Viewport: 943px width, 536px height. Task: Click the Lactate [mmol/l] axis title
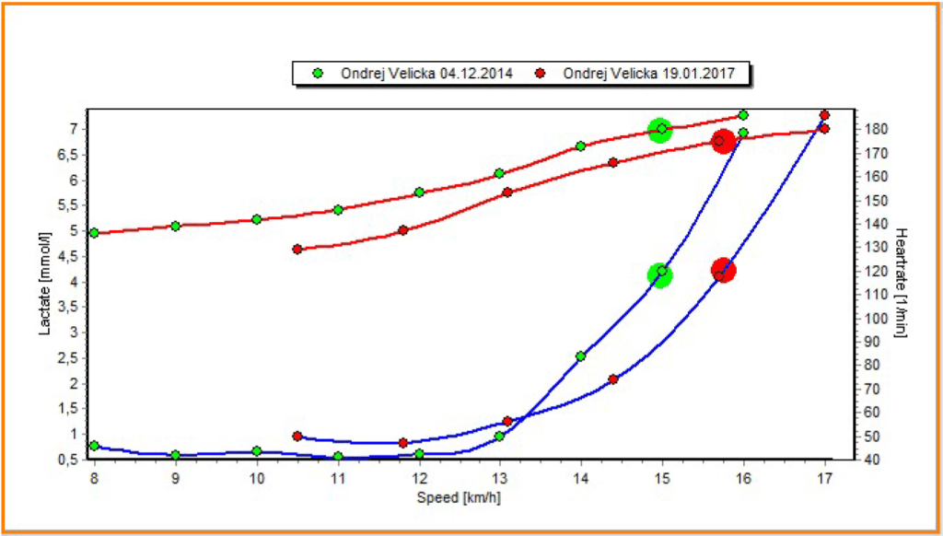coord(45,283)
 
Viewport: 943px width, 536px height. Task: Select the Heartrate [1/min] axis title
coord(902,283)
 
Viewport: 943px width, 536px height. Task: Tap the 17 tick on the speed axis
coord(824,478)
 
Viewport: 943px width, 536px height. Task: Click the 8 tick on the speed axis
coord(94,478)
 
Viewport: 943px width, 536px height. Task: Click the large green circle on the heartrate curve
coord(659,130)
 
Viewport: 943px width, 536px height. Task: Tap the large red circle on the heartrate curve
coord(723,141)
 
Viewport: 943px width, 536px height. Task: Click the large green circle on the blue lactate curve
coord(659,274)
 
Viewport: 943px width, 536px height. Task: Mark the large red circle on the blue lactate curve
coord(723,271)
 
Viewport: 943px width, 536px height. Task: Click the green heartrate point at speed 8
coord(94,233)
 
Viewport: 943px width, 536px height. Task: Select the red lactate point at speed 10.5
coord(297,436)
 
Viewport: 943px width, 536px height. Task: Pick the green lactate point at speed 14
coord(580,356)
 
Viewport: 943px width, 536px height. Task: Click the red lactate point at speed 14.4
coord(613,379)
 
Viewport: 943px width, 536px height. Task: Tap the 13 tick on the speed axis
coord(499,478)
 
